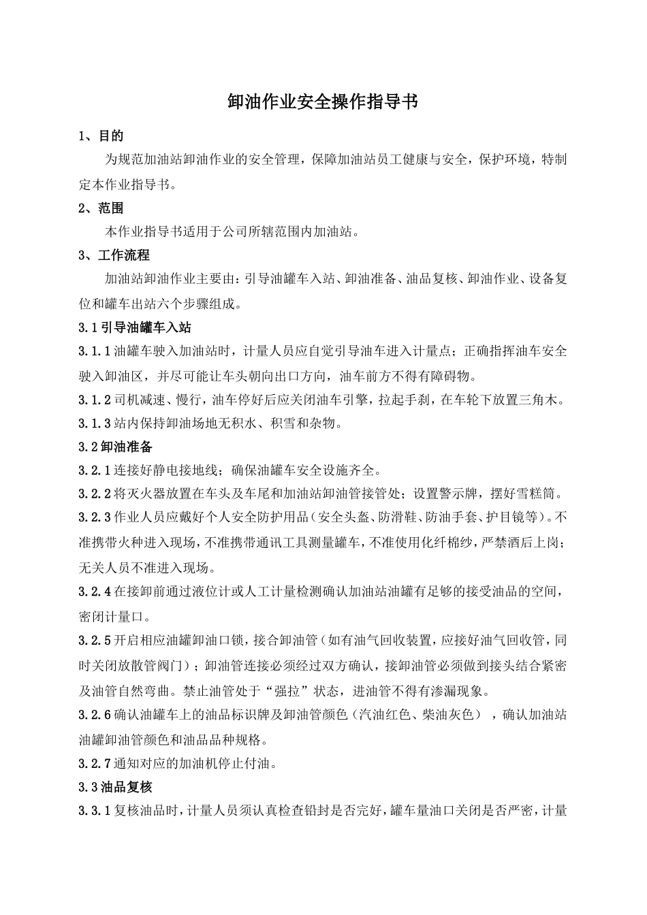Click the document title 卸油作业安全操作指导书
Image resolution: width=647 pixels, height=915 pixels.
click(x=322, y=102)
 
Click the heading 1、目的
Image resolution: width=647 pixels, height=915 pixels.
click(x=101, y=136)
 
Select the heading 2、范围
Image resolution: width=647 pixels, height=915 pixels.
click(x=101, y=208)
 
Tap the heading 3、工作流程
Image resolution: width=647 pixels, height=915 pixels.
click(x=114, y=255)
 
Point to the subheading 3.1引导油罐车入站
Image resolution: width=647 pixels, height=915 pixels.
click(x=136, y=327)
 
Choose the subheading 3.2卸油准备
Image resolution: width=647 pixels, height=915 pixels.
click(x=116, y=447)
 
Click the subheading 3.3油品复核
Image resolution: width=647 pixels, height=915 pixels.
click(x=116, y=787)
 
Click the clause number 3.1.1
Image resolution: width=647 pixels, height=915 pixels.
click(x=95, y=351)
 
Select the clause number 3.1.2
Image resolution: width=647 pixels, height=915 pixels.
click(x=95, y=399)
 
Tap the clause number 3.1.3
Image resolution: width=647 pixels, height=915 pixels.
click(x=95, y=423)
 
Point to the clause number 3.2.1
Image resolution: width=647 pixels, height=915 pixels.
click(x=95, y=470)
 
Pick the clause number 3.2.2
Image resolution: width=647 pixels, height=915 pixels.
click(x=95, y=494)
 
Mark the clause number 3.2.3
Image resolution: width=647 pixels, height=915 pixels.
click(x=95, y=517)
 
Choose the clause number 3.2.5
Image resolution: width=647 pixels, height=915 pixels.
click(x=95, y=641)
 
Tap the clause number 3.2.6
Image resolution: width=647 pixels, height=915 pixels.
click(x=95, y=715)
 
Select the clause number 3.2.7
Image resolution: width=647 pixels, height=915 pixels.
click(x=95, y=763)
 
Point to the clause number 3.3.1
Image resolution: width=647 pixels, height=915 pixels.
click(x=95, y=811)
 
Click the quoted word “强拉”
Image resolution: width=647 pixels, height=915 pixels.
click(x=285, y=691)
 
